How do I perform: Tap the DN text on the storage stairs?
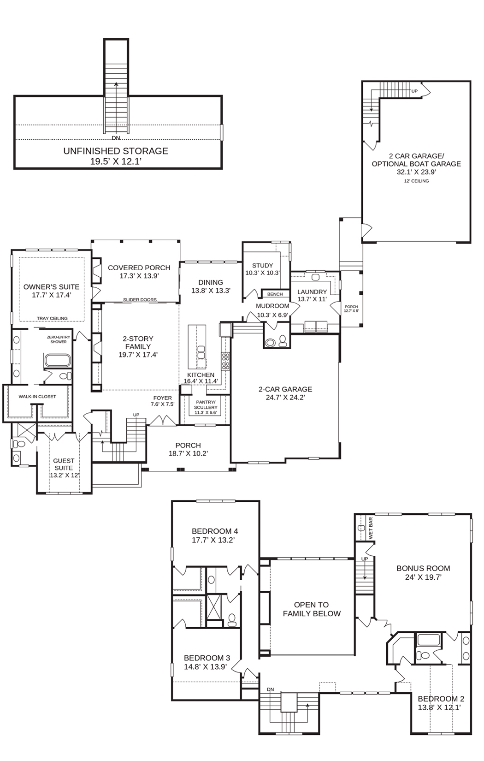pyautogui.click(x=116, y=138)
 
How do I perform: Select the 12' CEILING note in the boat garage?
pyautogui.click(x=416, y=181)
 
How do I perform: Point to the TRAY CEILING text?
pyautogui.click(x=52, y=318)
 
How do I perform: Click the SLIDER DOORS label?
pyautogui.click(x=140, y=300)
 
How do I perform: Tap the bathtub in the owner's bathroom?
pyautogui.click(x=58, y=361)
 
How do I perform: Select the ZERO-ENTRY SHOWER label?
pyautogui.click(x=59, y=339)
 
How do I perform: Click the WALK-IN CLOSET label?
pyautogui.click(x=37, y=397)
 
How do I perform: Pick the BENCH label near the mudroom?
pyautogui.click(x=275, y=294)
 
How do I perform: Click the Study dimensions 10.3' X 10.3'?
pyautogui.click(x=263, y=273)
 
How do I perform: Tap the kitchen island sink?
pyautogui.click(x=201, y=352)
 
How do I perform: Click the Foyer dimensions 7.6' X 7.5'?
pyautogui.click(x=163, y=404)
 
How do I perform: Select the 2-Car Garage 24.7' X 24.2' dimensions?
pyautogui.click(x=285, y=398)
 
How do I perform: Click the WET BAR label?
pyautogui.click(x=371, y=528)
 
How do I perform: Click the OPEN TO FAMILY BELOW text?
pyautogui.click(x=312, y=609)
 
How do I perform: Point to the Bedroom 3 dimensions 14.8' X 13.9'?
pyautogui.click(x=206, y=667)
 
